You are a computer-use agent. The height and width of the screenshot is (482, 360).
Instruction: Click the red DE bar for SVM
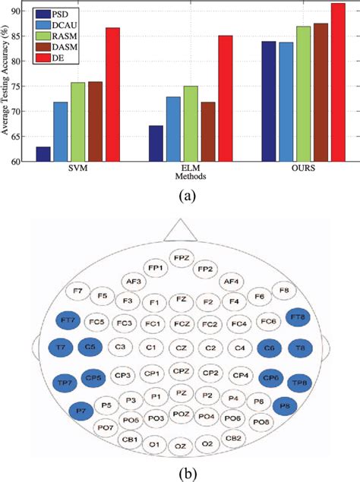point(112,95)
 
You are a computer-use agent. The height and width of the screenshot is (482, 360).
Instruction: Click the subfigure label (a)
point(180,196)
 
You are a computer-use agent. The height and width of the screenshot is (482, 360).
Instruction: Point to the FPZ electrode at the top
point(180,258)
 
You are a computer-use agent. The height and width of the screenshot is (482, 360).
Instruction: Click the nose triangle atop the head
point(180,231)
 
